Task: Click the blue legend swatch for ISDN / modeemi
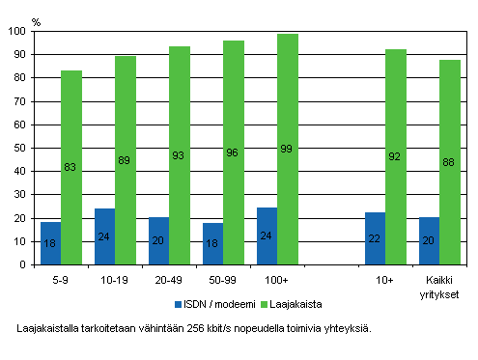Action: pyautogui.click(x=179, y=304)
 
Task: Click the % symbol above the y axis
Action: pyautogui.click(x=36, y=19)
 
